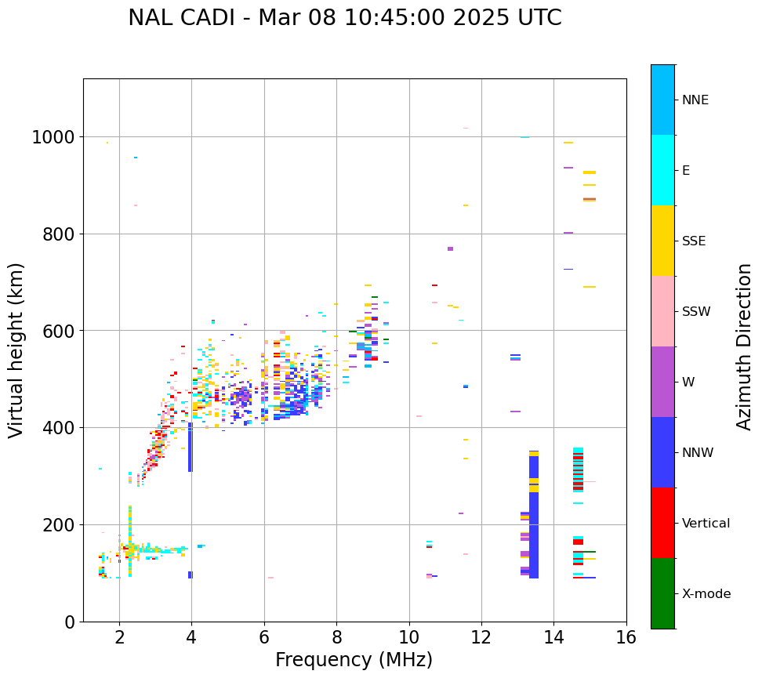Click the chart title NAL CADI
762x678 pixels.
(344, 18)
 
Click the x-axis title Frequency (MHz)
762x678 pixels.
(354, 660)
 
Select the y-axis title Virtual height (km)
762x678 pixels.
(16, 350)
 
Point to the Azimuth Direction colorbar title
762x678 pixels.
(744, 346)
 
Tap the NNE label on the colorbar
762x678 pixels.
(695, 100)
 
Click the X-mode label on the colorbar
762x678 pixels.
(706, 593)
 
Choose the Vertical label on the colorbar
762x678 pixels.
(706, 523)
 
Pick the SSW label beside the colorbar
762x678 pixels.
(695, 311)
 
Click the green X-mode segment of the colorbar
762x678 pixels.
(662, 593)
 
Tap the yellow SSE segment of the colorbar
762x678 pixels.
(662, 241)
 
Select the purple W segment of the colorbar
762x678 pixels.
(662, 382)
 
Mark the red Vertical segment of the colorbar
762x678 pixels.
(662, 523)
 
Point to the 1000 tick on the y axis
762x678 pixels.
(53, 137)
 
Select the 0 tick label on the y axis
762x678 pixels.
(69, 622)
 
